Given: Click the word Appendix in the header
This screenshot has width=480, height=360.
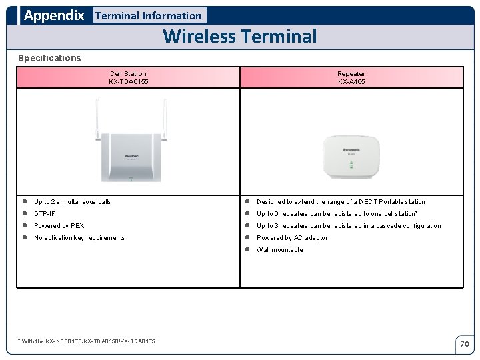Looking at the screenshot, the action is pos(54,15).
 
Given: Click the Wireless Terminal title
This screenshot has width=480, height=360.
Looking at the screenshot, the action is pos(240,36).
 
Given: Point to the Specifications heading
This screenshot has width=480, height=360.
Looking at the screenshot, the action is pos(49,58).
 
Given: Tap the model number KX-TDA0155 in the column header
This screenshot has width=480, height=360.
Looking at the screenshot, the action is pos(128,82).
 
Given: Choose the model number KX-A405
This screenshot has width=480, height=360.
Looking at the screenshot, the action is pos(351,82).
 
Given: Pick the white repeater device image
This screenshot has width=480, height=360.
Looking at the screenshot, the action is pos(351,157).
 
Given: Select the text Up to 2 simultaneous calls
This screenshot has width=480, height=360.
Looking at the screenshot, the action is pos(73,202).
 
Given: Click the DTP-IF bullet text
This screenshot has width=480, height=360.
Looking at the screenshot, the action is pos(45,214).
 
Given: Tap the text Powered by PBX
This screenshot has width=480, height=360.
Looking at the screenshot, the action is pos(59,226).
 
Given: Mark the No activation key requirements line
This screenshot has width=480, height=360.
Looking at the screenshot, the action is pos(79,238).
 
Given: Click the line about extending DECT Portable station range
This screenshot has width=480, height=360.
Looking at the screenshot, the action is pos(341,202).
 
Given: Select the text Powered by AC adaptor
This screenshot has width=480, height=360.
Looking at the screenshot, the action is pos(292,238).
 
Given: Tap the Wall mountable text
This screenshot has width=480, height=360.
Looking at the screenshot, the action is pos(279,250).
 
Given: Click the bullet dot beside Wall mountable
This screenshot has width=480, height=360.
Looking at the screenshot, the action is pos(247,250).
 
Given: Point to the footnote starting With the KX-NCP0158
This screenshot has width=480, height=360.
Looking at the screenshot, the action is pos(87,341).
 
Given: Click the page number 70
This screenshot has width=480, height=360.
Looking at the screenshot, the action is pos(465,344).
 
